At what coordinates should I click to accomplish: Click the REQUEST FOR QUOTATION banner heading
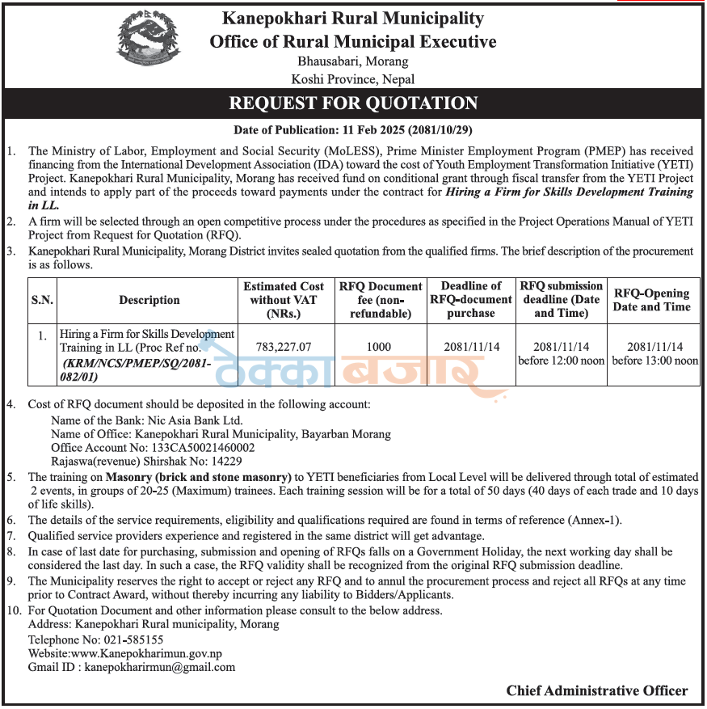click(x=353, y=103)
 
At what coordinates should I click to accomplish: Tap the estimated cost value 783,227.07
click(x=283, y=346)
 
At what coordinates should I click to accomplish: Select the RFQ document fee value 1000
click(x=379, y=346)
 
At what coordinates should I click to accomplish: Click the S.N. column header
click(x=42, y=300)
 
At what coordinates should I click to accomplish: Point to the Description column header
click(x=149, y=300)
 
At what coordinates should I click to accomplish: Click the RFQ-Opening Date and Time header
click(x=651, y=300)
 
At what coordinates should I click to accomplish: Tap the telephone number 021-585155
click(x=129, y=639)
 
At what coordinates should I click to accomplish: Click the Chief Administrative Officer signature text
click(x=597, y=690)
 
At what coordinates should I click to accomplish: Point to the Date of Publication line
click(x=352, y=129)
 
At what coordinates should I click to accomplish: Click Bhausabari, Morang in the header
click(x=353, y=61)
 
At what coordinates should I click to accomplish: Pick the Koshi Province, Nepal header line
click(x=353, y=79)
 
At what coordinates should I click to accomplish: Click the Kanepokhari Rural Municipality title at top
click(x=353, y=18)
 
